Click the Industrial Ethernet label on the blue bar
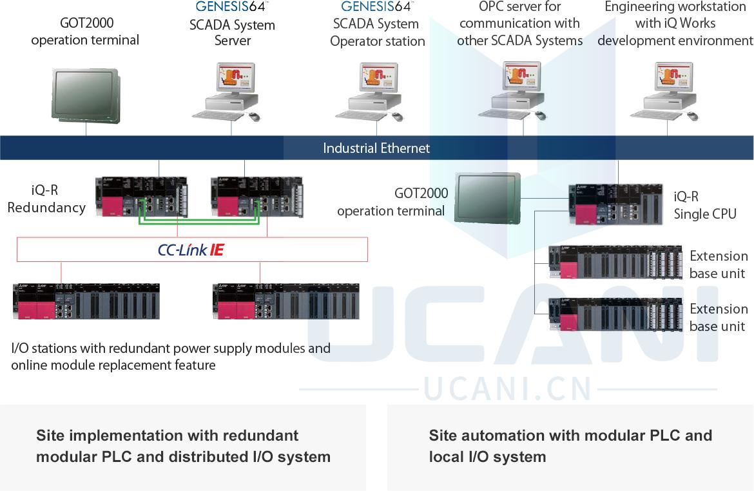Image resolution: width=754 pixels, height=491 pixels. coord(376,148)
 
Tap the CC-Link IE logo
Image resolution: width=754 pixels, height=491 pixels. coord(191,250)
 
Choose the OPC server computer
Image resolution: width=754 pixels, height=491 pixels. coord(518,91)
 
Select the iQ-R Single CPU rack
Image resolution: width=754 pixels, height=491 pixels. coord(615,205)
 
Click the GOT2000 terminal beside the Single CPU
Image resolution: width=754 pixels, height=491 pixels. coord(487,197)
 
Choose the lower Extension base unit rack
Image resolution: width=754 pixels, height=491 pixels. coord(615,315)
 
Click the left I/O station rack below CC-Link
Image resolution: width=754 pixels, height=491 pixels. coord(86,301)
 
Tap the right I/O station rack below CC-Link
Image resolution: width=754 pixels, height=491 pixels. coord(286,301)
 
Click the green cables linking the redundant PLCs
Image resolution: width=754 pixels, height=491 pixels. coord(200,223)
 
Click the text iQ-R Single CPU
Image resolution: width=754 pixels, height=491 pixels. coord(704,205)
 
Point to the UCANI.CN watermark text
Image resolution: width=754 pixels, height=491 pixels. coord(508,389)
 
